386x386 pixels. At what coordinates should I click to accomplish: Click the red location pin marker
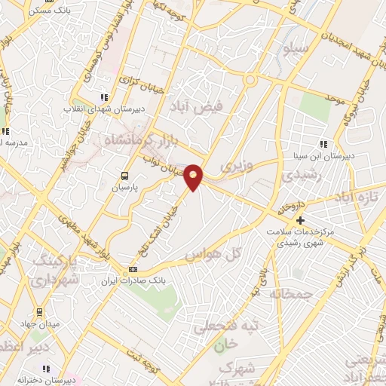[x=194, y=176]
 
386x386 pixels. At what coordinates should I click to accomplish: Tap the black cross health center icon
[x=301, y=221]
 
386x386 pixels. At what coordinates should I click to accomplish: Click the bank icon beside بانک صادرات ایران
[x=133, y=269]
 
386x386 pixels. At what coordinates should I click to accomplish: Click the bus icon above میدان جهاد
[x=39, y=312]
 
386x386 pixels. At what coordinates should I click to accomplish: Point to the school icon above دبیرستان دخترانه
[x=45, y=369]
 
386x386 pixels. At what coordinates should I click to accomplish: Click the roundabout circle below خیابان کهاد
[x=250, y=79]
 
